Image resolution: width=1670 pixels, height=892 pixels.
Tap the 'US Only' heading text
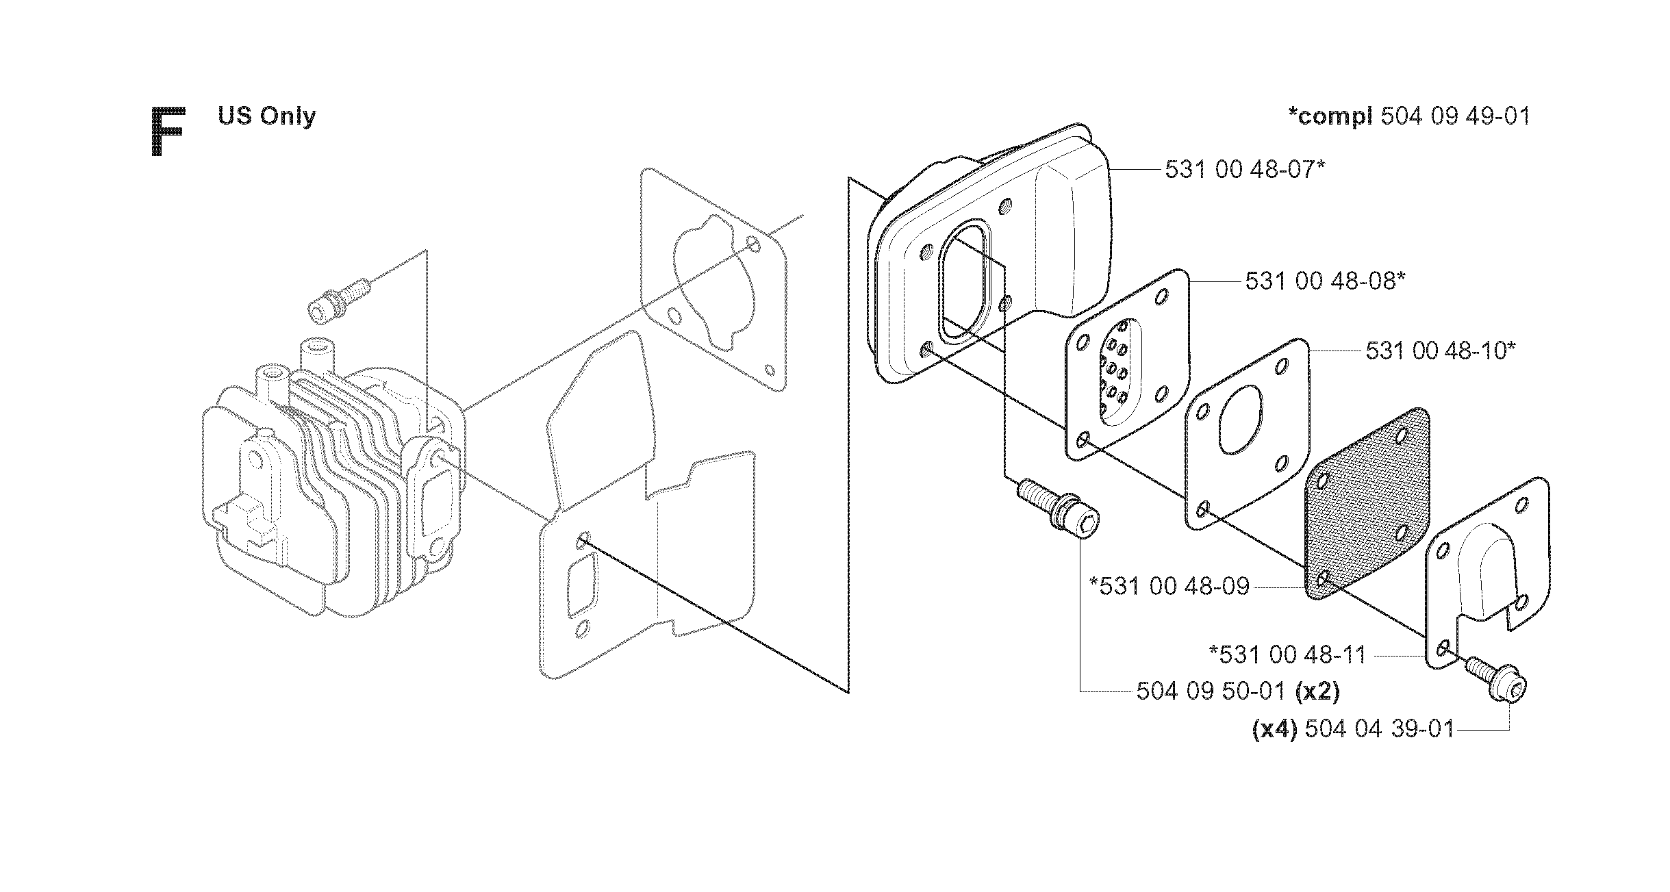point(267,116)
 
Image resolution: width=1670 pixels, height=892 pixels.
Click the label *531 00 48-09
point(1169,586)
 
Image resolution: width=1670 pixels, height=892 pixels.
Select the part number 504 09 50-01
point(1210,691)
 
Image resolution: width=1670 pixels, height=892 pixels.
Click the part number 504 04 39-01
point(1379,729)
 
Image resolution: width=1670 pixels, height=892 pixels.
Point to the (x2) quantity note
point(1317,691)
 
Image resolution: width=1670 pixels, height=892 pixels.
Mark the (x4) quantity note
point(1274,729)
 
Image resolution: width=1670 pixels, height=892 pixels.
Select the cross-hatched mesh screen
point(1358,502)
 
